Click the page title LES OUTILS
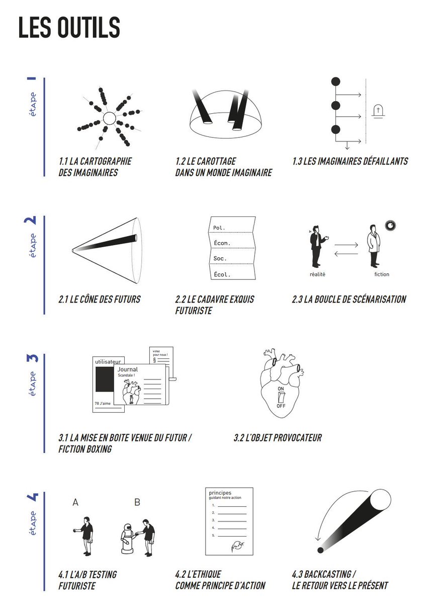[x=69, y=28]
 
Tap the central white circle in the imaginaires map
[x=109, y=119]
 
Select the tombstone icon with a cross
[x=378, y=111]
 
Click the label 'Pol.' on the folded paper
[x=219, y=228]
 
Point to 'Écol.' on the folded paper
[x=222, y=274]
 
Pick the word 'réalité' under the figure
[x=317, y=274]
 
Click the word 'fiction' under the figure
[x=382, y=274]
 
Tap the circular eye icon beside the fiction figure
[x=390, y=226]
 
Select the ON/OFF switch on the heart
[x=281, y=397]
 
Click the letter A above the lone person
[x=75, y=502]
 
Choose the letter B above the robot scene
[x=137, y=502]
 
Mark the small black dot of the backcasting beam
[x=320, y=550]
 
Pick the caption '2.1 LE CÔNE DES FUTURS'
[x=100, y=299]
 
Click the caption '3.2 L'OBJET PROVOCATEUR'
[x=278, y=438]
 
